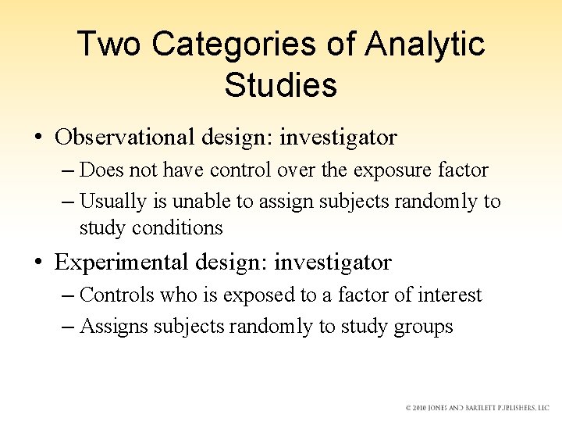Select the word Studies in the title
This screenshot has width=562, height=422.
[281, 85]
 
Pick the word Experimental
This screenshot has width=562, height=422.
[119, 263]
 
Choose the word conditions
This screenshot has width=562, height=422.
[177, 228]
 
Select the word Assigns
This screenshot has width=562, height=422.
[114, 326]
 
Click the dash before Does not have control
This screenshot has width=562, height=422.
[68, 170]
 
